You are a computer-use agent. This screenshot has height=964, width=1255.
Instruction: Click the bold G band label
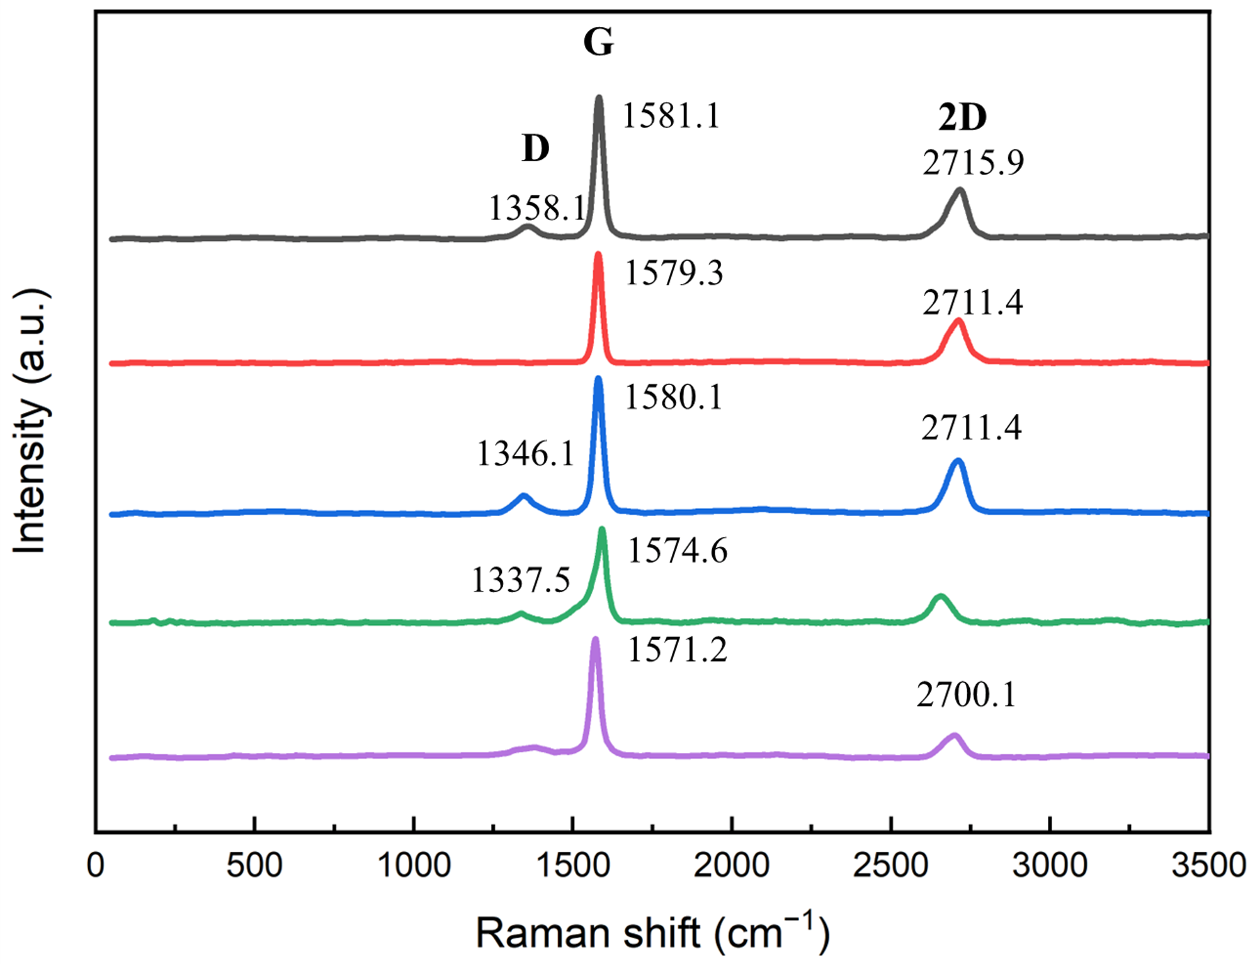pyautogui.click(x=598, y=42)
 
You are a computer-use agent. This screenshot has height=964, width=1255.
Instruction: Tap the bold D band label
pyautogui.click(x=535, y=149)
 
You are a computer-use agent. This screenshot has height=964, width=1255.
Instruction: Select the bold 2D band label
pyautogui.click(x=962, y=117)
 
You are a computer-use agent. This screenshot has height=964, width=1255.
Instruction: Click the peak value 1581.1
pyautogui.click(x=671, y=117)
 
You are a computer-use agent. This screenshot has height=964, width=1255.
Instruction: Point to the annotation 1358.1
pyautogui.click(x=537, y=209)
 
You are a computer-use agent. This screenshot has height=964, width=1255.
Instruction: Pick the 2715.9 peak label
pyautogui.click(x=973, y=163)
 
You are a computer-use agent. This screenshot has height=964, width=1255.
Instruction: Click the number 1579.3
pyautogui.click(x=674, y=273)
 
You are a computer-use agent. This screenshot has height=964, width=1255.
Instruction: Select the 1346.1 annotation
pyautogui.click(x=525, y=454)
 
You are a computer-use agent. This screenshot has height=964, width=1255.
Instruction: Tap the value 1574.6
pyautogui.click(x=678, y=551)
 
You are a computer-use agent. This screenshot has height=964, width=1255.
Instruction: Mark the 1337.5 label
pyautogui.click(x=521, y=580)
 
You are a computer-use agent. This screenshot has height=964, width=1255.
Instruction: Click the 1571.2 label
pyautogui.click(x=677, y=650)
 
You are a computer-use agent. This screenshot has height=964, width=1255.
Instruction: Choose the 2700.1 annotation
pyautogui.click(x=966, y=696)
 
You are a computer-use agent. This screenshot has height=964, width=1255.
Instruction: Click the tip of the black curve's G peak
pyautogui.click(x=599, y=98)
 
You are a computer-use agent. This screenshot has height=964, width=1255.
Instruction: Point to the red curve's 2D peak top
pyautogui.click(x=958, y=321)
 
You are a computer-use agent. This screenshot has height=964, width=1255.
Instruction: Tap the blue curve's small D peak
pyautogui.click(x=523, y=496)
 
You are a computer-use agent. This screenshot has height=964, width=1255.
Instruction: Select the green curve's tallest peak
pyautogui.click(x=602, y=529)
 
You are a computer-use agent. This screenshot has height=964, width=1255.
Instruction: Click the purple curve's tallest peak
pyautogui.click(x=595, y=640)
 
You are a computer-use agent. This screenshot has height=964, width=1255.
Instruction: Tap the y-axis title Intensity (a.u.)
pyautogui.click(x=30, y=421)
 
